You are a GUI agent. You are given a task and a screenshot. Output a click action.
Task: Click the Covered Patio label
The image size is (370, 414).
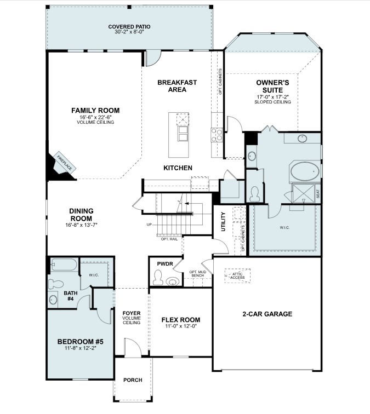pyautogui.click(x=129, y=27)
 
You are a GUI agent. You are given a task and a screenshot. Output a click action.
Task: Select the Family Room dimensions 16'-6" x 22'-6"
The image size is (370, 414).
pyautogui.click(x=95, y=117)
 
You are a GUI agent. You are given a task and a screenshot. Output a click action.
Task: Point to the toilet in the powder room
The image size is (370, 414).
pyautogui.click(x=158, y=277)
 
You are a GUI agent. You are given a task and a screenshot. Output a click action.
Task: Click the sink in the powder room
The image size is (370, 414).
pyautogui.click(x=173, y=281)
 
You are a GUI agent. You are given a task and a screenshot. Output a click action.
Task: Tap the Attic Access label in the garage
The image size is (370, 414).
pyautogui.click(x=237, y=276)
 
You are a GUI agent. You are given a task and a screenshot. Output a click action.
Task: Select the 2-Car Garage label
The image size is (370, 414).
pyautogui.click(x=267, y=314)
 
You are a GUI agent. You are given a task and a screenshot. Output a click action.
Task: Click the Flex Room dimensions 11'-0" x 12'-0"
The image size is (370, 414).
pyautogui.click(x=181, y=326)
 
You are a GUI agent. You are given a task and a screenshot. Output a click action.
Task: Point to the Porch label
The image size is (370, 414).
pyautogui.click(x=133, y=380)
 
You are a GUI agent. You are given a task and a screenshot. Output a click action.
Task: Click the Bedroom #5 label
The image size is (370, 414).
pyautogui.click(x=81, y=342)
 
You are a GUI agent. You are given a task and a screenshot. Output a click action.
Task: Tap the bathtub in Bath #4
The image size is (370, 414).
pyautogui.click(x=64, y=264)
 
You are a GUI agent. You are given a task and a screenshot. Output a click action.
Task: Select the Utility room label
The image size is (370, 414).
pyautogui.click(x=223, y=222)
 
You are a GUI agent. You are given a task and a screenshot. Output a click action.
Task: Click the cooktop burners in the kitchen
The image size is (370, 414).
pyautogui.click(x=217, y=135)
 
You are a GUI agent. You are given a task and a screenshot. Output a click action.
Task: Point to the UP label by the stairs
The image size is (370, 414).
pyautogui.click(x=149, y=225)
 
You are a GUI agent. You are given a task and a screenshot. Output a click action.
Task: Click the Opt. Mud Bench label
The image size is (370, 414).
pyautogui.click(x=198, y=274)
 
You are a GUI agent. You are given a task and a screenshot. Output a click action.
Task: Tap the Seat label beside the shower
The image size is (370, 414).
pyautogui.click(x=318, y=194)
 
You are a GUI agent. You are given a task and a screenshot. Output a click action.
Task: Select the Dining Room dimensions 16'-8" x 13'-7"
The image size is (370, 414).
pyautogui.click(x=81, y=225)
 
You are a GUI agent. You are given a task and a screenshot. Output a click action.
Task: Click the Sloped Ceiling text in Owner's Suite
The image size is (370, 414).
pyautogui.click(x=273, y=102)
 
